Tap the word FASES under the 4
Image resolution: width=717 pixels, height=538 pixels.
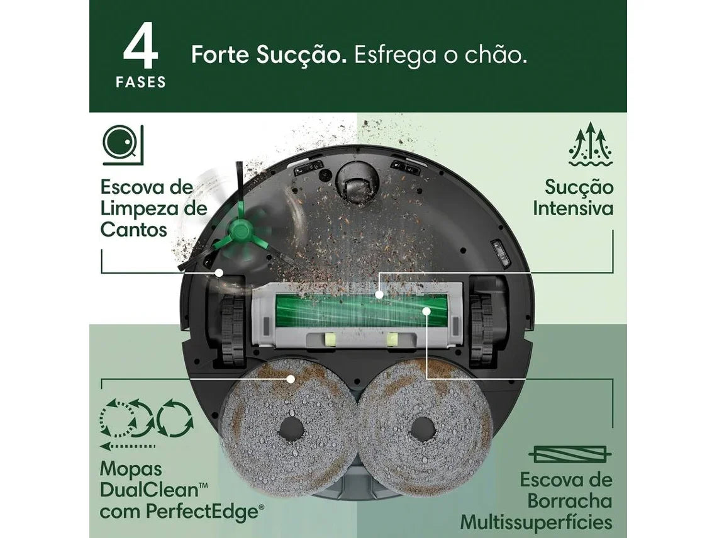tap(141, 82)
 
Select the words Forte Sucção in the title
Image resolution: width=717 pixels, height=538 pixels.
tap(269, 55)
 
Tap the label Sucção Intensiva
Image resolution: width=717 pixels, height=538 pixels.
tap(573, 198)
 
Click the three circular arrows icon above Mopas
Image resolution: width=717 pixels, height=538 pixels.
tap(147, 418)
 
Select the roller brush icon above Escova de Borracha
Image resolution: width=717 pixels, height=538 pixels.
tap(570, 454)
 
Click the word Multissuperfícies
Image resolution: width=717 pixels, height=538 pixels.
tap(536, 522)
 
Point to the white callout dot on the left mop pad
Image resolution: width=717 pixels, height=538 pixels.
tap(291, 379)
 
